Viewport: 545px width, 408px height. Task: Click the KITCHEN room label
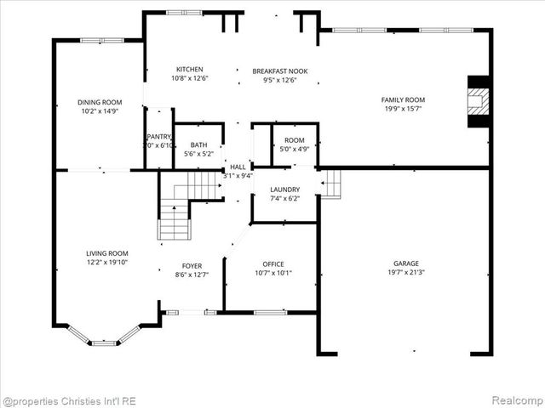pos(189,70)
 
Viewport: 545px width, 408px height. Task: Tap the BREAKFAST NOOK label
pos(279,71)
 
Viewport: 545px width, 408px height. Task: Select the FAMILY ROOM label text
pos(403,100)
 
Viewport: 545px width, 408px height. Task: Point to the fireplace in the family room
pos(479,102)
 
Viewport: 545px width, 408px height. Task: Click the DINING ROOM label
pos(100,101)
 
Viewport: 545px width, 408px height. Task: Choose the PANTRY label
pos(158,136)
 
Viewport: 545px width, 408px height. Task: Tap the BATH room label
pos(198,144)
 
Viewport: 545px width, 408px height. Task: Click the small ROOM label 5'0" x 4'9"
pos(294,140)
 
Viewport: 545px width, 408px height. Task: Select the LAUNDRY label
pos(284,190)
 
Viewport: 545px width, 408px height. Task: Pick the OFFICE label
pos(273,263)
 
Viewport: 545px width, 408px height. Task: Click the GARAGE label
pos(405,263)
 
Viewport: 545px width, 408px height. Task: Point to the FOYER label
pos(191,265)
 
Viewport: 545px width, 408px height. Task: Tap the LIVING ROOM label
pos(106,253)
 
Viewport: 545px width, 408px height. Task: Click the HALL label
pos(238,167)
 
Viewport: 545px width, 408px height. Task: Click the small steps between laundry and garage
pos(331,184)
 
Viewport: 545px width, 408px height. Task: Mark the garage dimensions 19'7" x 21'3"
pos(405,273)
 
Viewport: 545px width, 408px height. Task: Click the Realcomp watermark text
pos(514,400)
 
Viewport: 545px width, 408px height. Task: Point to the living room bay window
pos(104,338)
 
